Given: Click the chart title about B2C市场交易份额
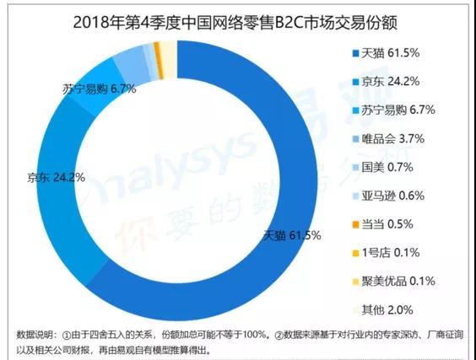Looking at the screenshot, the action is (235, 23).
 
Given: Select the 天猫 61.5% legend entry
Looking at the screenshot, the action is (387, 53).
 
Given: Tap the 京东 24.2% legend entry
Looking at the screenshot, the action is (387, 82).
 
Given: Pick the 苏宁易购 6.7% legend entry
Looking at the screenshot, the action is (394, 110).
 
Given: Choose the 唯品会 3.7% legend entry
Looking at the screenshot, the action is (388, 139).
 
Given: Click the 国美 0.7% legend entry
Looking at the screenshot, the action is (383, 168).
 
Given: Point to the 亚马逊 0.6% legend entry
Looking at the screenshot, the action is (388, 196).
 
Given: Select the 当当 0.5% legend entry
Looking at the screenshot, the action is (383, 224).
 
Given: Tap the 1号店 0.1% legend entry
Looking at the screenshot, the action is (387, 253).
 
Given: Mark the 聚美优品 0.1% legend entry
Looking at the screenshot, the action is (394, 282).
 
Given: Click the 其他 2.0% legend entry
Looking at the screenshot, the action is (383, 310).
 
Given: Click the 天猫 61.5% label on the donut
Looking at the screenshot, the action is (292, 235).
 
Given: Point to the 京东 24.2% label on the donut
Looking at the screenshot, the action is (57, 177).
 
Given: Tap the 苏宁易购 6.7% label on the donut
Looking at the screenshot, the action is (100, 89).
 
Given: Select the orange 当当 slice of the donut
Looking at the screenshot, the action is (159, 61).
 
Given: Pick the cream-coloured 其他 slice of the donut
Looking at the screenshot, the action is (169, 59).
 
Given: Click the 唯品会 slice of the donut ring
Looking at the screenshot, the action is (133, 64).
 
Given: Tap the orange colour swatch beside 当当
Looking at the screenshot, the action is (355, 225).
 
